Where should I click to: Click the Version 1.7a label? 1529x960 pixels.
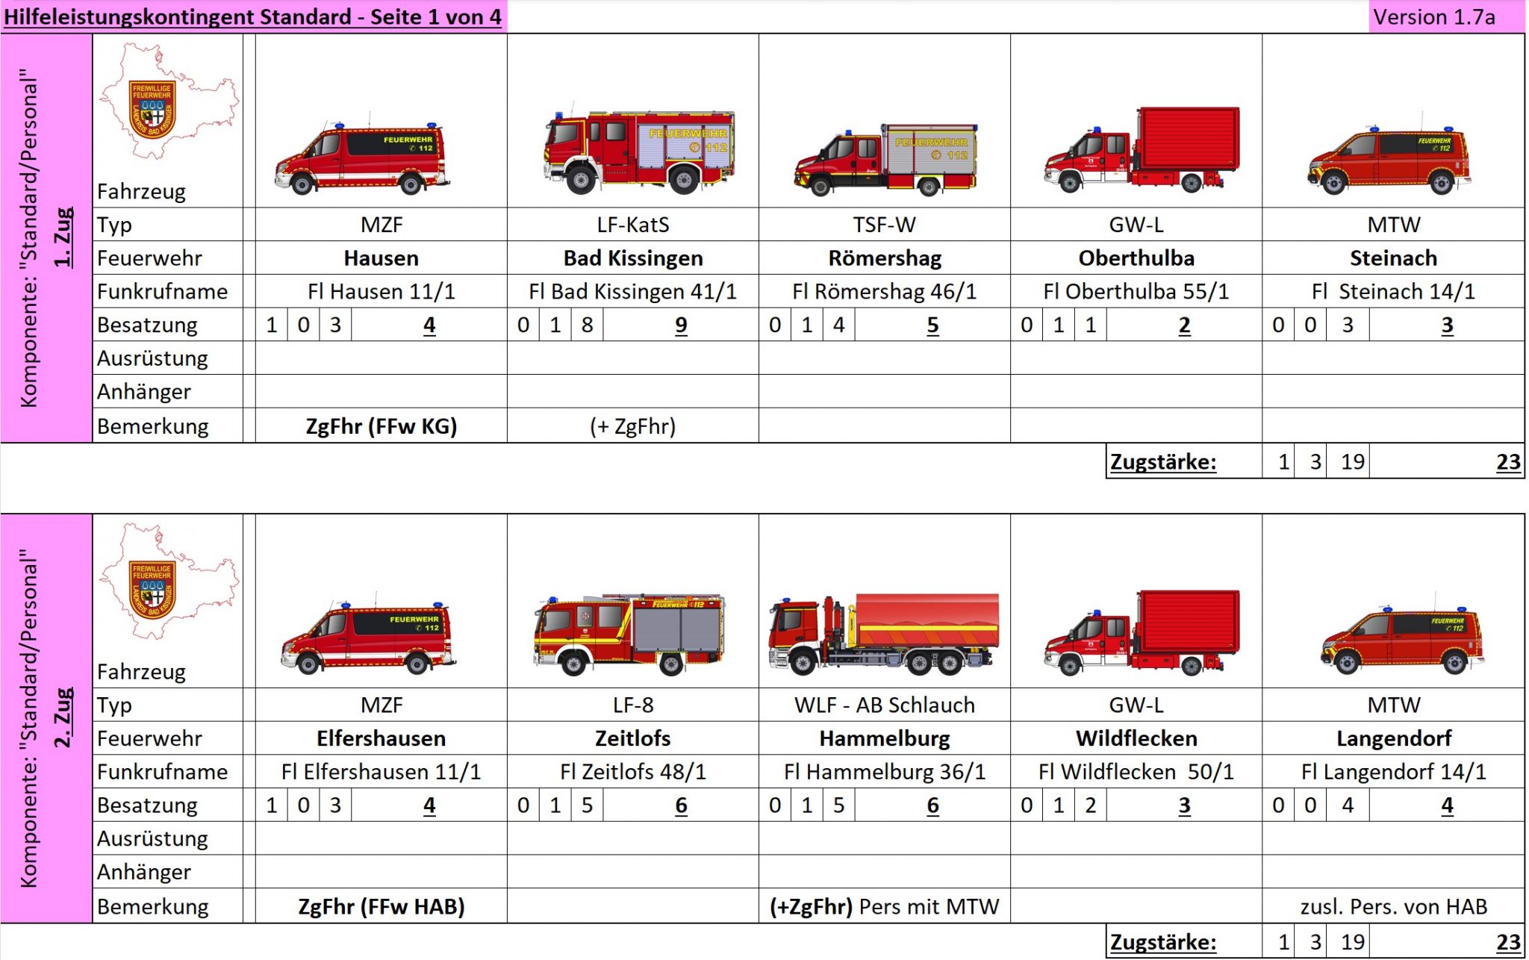pyautogui.click(x=1433, y=17)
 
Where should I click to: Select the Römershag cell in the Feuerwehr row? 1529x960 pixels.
pyautogui.click(x=885, y=258)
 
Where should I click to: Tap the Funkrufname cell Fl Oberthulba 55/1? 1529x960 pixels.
pyautogui.click(x=1136, y=291)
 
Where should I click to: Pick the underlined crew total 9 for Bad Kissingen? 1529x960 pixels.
pyautogui.click(x=680, y=325)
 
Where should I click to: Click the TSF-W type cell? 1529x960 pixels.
pyautogui.click(x=884, y=225)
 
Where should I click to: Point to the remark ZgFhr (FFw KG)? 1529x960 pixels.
pyautogui.click(x=381, y=426)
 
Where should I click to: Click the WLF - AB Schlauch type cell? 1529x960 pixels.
pyautogui.click(x=884, y=705)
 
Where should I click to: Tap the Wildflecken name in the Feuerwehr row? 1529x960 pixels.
pyautogui.click(x=1136, y=738)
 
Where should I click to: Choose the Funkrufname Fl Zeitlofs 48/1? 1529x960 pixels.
pyautogui.click(x=632, y=771)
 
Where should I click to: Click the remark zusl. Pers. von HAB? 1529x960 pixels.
pyautogui.click(x=1393, y=906)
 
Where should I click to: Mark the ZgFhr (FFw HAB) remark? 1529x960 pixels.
pyautogui.click(x=381, y=906)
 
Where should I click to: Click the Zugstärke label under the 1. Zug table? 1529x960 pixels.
pyautogui.click(x=1162, y=462)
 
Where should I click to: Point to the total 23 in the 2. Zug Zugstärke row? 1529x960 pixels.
pyautogui.click(x=1507, y=942)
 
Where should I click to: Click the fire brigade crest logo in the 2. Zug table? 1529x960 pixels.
pyautogui.click(x=152, y=590)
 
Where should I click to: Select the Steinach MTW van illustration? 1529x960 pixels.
pyautogui.click(x=1389, y=161)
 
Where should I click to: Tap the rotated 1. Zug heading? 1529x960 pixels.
pyautogui.click(x=64, y=237)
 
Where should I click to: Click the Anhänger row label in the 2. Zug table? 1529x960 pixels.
pyautogui.click(x=144, y=872)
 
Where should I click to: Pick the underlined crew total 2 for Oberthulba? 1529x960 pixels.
pyautogui.click(x=1184, y=325)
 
